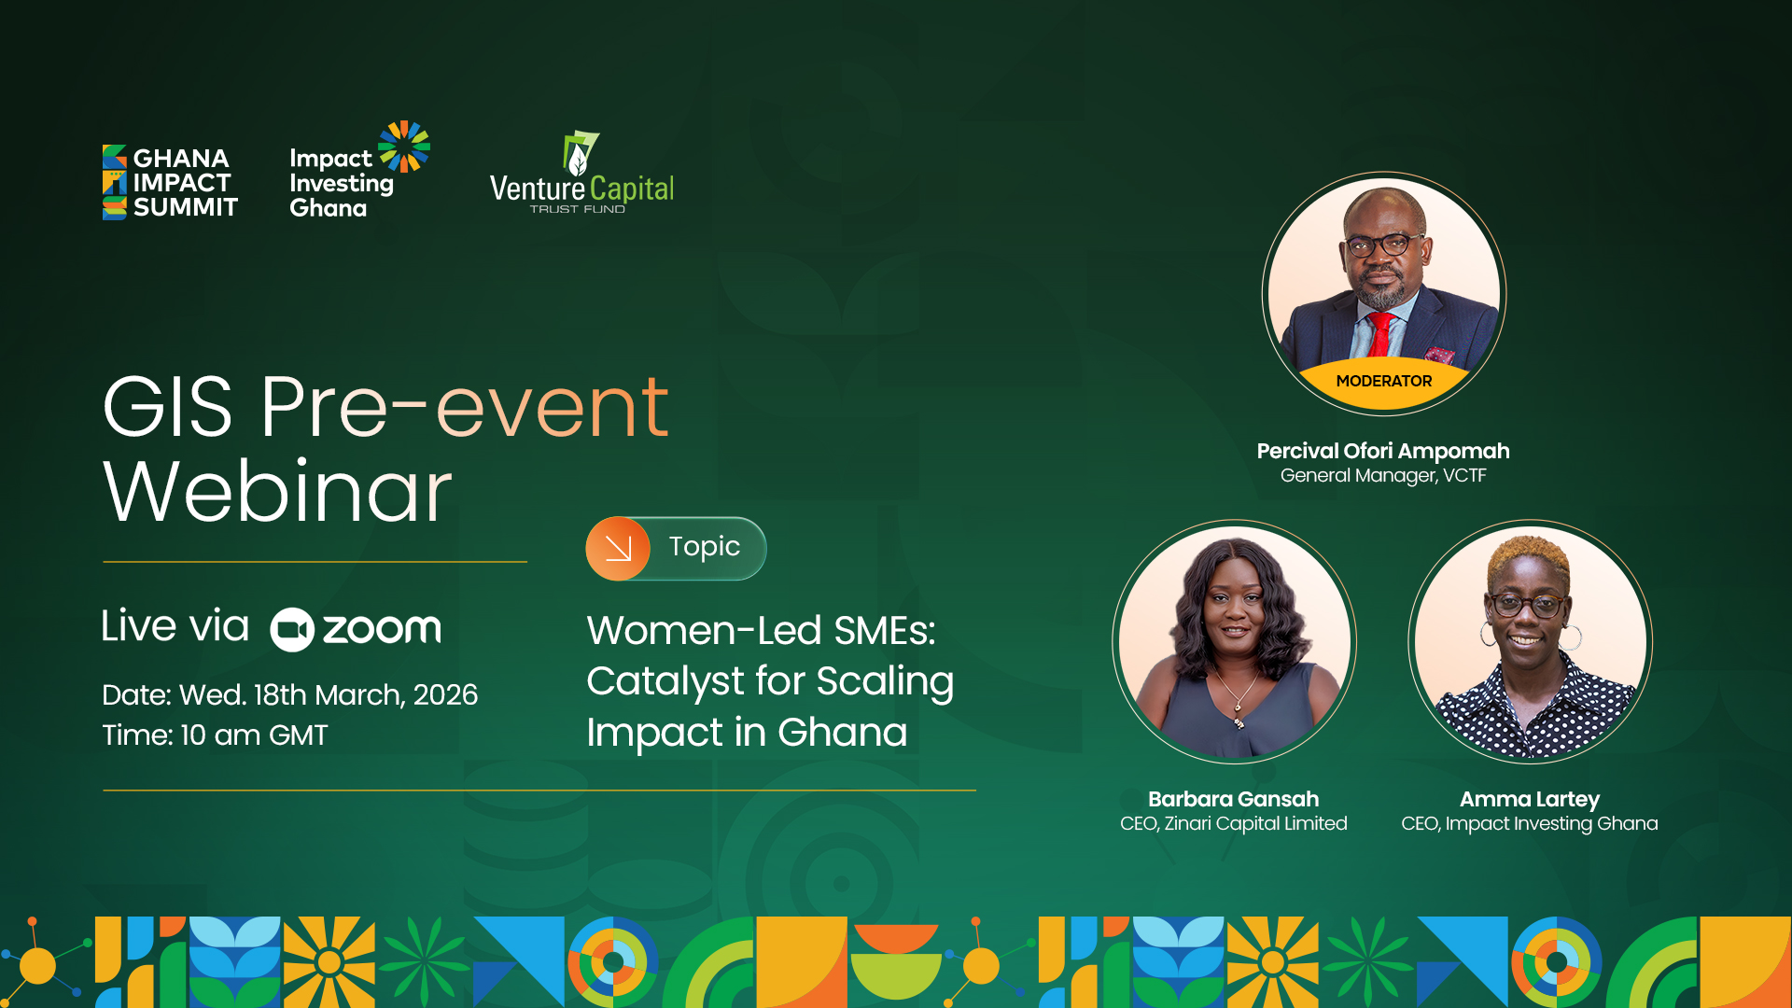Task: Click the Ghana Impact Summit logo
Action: click(170, 182)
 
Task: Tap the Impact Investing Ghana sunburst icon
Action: click(405, 147)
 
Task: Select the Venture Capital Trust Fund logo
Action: click(581, 173)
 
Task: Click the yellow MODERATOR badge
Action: click(1384, 382)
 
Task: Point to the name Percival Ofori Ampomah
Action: click(1383, 451)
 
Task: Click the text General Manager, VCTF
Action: click(1383, 476)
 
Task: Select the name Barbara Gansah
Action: click(1233, 799)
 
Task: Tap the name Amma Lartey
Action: click(1530, 800)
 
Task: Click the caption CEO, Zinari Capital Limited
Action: click(1233, 824)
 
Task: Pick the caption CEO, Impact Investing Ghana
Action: click(1530, 824)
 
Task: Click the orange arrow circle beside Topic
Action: click(618, 549)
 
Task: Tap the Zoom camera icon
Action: click(292, 630)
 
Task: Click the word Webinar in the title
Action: click(277, 491)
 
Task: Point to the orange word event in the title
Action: click(553, 408)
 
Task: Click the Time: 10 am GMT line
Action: click(215, 735)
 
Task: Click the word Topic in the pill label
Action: click(705, 547)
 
